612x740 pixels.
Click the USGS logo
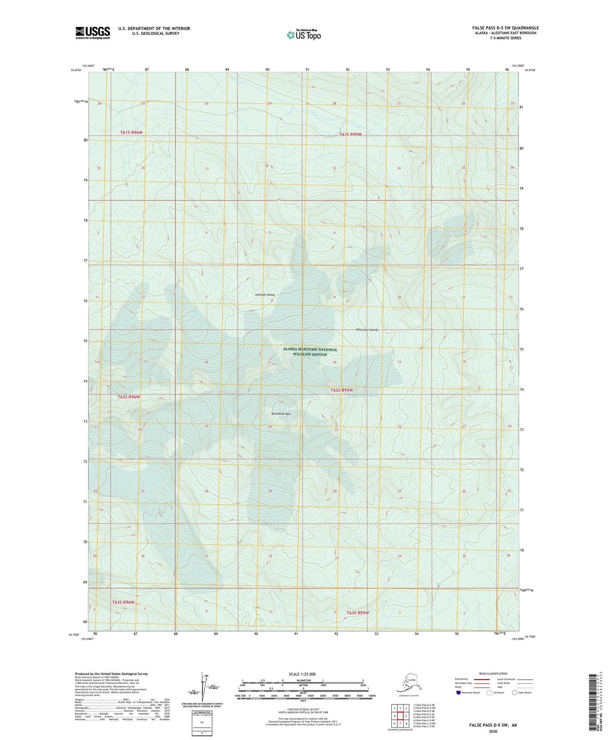[92, 33]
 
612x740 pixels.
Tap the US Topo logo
[303, 35]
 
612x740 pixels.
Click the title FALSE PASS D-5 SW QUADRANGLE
[505, 28]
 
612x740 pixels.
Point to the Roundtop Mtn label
[281, 414]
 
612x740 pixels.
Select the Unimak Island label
[265, 295]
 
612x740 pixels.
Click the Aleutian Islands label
[366, 329]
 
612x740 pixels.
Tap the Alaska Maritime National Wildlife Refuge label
[310, 352]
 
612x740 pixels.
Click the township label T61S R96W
[131, 132]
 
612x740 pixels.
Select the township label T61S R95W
[350, 134]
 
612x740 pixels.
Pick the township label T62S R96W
[128, 397]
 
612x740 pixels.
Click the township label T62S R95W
[341, 390]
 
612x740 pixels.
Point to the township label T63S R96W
[123, 602]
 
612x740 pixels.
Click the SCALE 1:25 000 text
[302, 674]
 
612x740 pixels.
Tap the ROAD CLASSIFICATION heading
[493, 673]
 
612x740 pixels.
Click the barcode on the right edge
[594, 708]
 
